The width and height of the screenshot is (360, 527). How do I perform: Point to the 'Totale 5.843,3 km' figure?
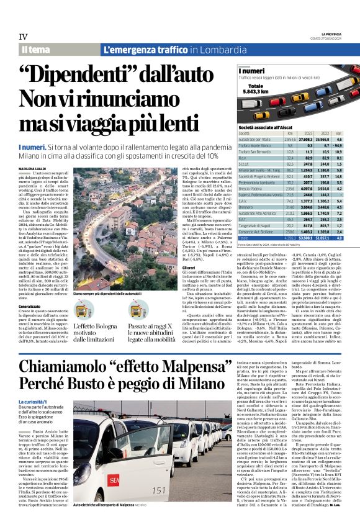click(254, 88)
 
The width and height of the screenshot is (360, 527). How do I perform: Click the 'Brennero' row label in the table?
click(250, 207)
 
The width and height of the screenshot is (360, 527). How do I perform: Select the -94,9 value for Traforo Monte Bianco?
click(338, 145)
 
